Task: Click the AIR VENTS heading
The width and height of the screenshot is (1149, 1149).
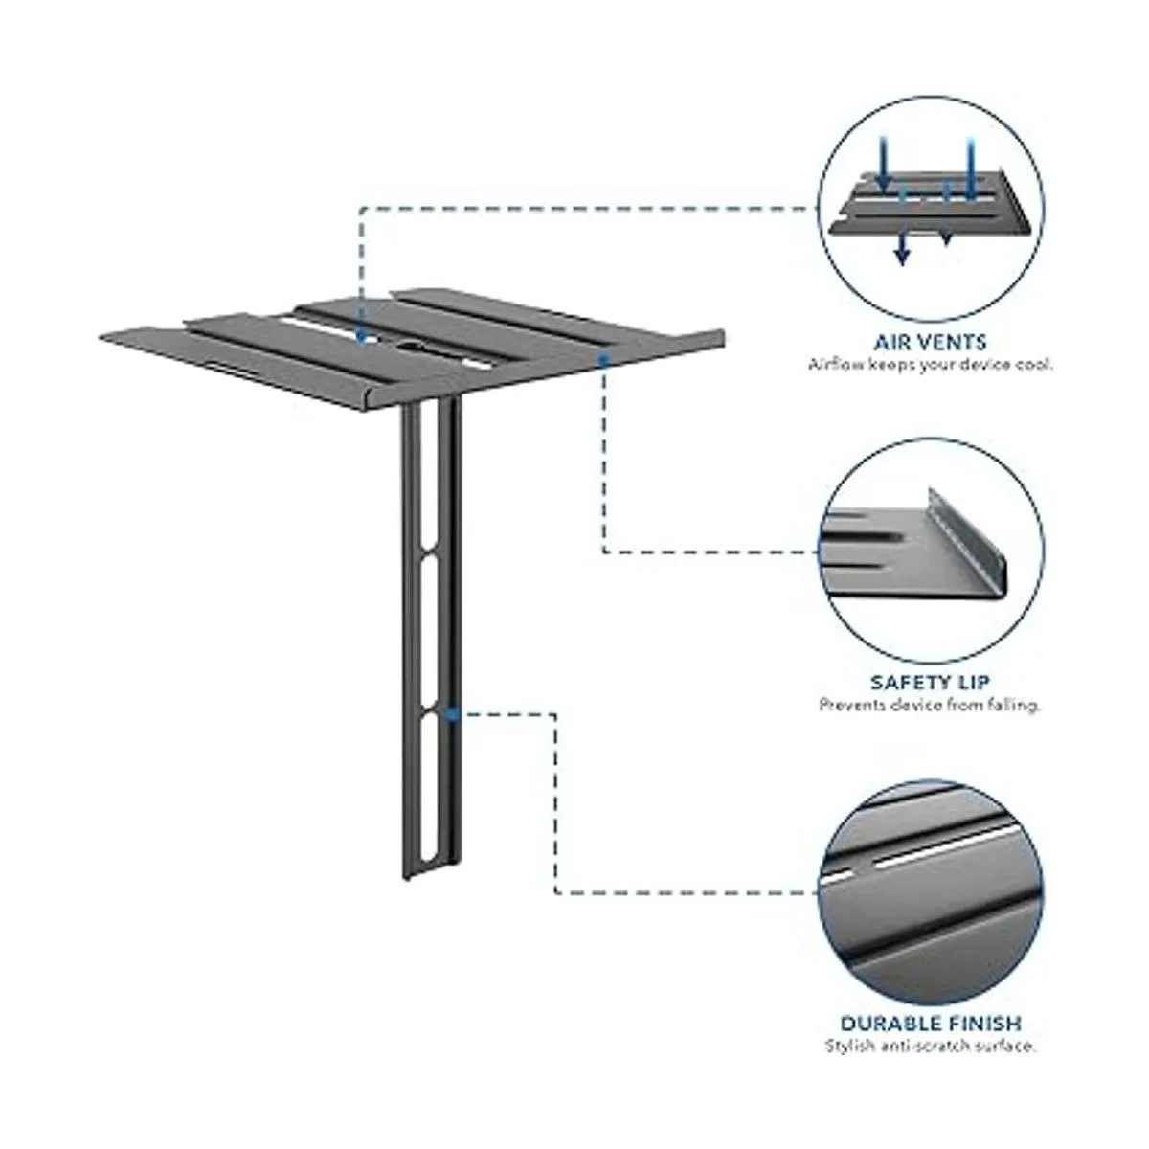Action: click(x=930, y=342)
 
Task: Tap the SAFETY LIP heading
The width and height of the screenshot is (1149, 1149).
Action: click(x=930, y=682)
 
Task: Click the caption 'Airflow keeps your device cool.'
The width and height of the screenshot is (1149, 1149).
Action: click(x=930, y=364)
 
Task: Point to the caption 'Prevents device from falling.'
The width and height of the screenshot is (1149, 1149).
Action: click(x=930, y=705)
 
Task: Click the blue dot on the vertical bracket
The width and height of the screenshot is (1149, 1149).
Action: click(x=453, y=713)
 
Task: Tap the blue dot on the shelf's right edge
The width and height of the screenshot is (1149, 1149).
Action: click(x=604, y=360)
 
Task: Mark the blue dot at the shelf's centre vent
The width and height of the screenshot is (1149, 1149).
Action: click(x=361, y=337)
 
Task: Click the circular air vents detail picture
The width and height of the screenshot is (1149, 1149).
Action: click(x=931, y=208)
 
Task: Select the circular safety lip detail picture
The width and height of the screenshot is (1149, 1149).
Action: click(x=931, y=551)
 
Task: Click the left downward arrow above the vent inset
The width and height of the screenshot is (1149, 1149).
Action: click(x=883, y=161)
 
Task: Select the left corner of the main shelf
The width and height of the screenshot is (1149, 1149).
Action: click(x=101, y=337)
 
